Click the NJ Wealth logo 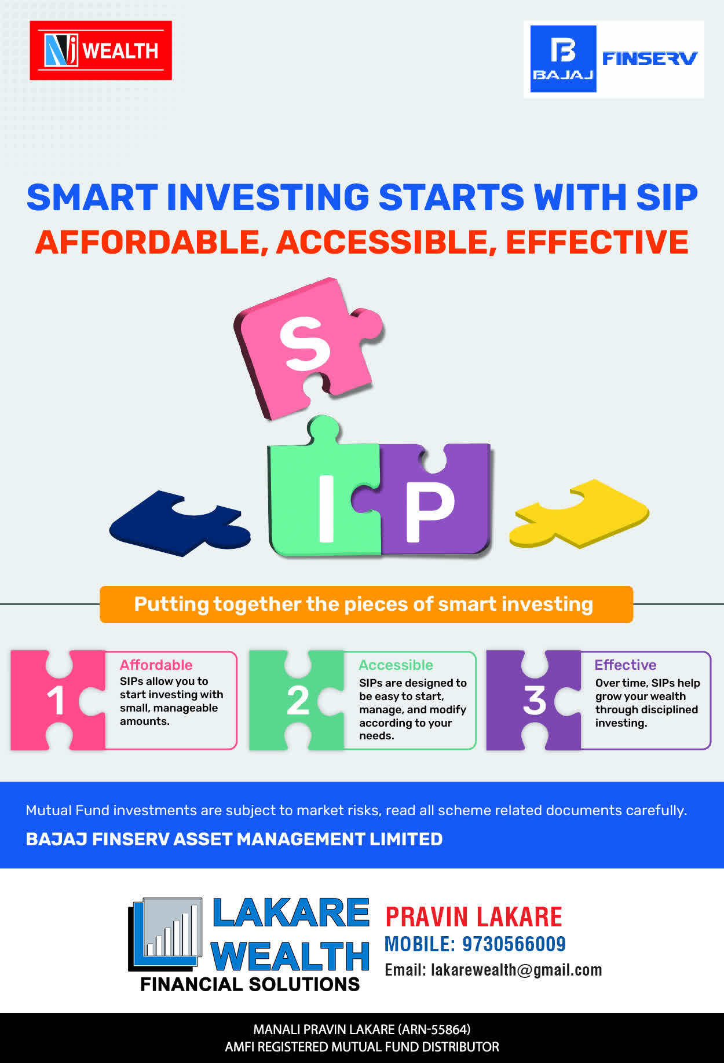pyautogui.click(x=101, y=50)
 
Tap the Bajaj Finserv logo pyautogui.click(x=614, y=59)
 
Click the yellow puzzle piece pyautogui.click(x=579, y=513)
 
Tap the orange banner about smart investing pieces pyautogui.click(x=366, y=604)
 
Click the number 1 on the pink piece pyautogui.click(x=56, y=700)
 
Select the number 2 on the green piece pyautogui.click(x=298, y=701)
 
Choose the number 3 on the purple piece pyautogui.click(x=535, y=701)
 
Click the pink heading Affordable pyautogui.click(x=156, y=665)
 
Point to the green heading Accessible pyautogui.click(x=396, y=665)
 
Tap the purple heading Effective pyautogui.click(x=626, y=665)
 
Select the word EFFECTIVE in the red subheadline pyautogui.click(x=597, y=242)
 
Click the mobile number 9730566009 pyautogui.click(x=514, y=944)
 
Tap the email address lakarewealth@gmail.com pyautogui.click(x=517, y=970)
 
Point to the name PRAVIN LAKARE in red pyautogui.click(x=474, y=917)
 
